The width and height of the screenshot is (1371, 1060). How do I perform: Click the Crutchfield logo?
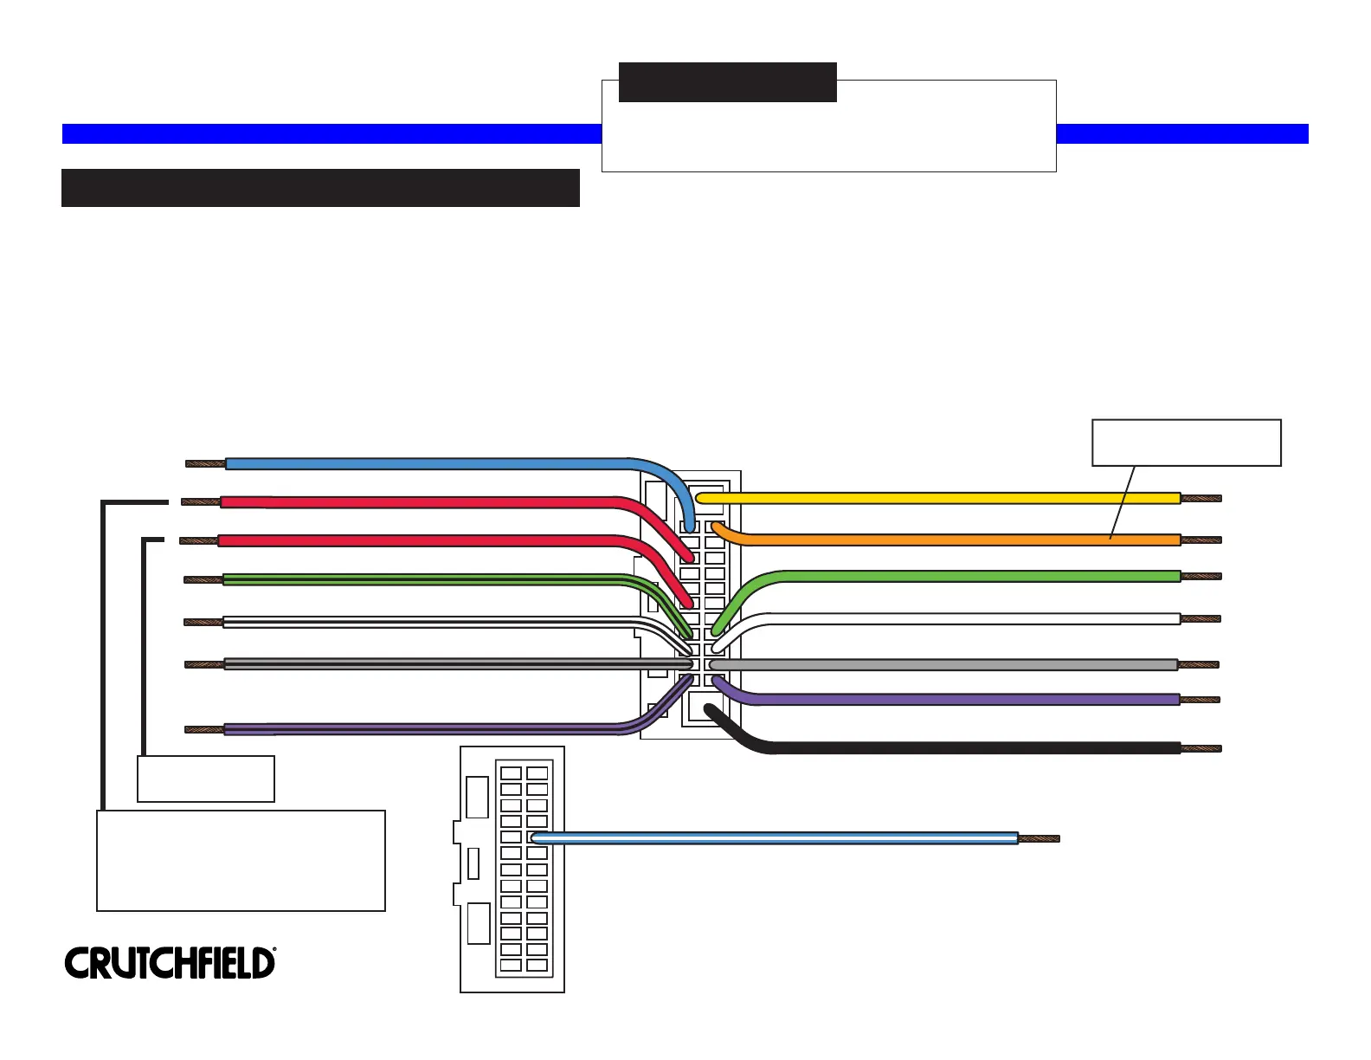click(x=170, y=963)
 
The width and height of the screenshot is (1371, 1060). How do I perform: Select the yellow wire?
click(x=935, y=498)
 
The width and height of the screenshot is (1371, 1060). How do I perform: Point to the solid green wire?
click(x=969, y=576)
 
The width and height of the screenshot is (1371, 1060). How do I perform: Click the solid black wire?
click(x=969, y=748)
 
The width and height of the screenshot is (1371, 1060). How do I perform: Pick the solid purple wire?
click(x=952, y=699)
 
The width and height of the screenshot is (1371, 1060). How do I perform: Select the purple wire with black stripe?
click(x=415, y=729)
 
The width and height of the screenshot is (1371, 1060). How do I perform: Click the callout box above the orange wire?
click(x=1186, y=443)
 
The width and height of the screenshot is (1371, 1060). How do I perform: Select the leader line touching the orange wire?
click(x=1123, y=502)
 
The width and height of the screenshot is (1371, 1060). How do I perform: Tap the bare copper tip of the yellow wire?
click(x=1201, y=498)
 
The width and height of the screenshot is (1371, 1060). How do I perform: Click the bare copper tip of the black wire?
click(x=1201, y=748)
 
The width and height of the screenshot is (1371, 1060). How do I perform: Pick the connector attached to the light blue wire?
click(x=512, y=869)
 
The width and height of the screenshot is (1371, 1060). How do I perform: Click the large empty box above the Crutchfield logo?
click(x=241, y=860)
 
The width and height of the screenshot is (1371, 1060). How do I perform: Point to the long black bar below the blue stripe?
click(x=320, y=188)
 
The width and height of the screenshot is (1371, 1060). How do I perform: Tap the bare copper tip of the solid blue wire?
click(x=206, y=463)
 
